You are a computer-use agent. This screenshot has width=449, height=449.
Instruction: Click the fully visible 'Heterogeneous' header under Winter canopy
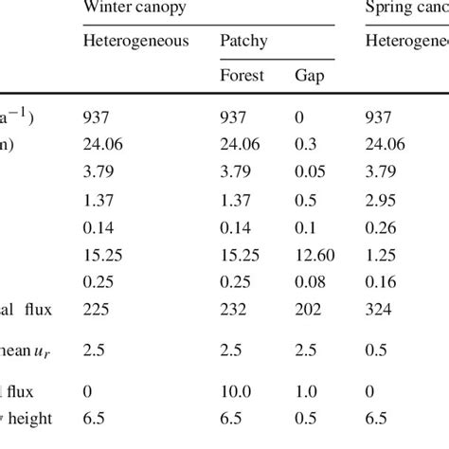coord(135,41)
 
